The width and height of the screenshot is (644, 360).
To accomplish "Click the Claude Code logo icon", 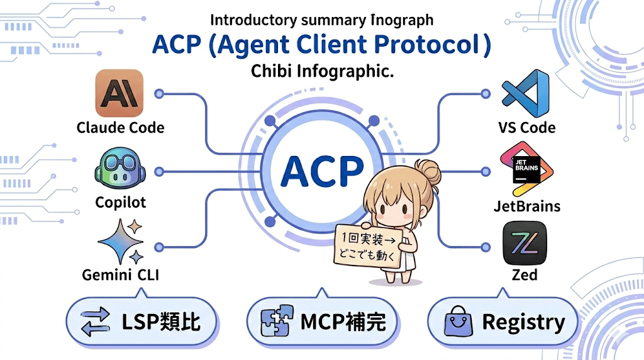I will click(119, 93).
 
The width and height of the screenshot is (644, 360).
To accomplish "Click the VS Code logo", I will click(526, 94).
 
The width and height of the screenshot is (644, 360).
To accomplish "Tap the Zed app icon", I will click(525, 244).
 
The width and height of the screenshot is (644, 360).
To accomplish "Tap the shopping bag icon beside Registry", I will click(458, 323).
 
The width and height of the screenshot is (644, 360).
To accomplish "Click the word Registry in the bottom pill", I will click(523, 323).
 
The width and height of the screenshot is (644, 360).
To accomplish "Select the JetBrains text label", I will click(527, 206).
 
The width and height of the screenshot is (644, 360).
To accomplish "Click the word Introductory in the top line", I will click(246, 20).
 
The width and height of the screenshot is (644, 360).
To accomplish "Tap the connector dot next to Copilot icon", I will click(159, 171).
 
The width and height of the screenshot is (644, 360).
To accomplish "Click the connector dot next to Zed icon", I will click(485, 246).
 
